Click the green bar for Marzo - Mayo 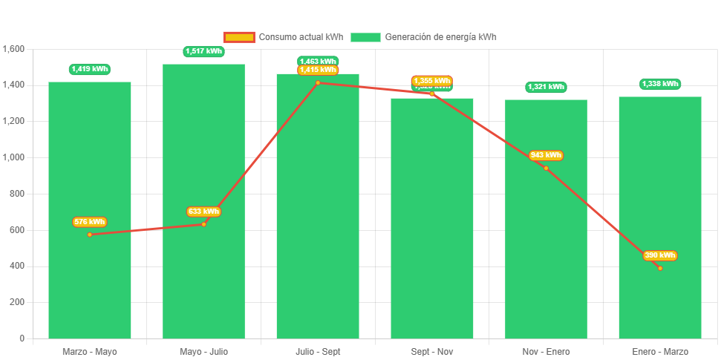[x=90, y=282]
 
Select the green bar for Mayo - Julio [x=203, y=282]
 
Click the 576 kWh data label [x=90, y=222]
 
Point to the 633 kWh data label [x=203, y=212]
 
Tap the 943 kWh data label [x=546, y=155]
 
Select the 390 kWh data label [x=660, y=255]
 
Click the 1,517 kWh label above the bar [x=203, y=51]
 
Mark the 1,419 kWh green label [x=90, y=69]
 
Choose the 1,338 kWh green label [x=660, y=84]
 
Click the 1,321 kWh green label [x=546, y=87]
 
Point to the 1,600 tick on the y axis [x=14, y=49]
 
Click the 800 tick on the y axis [x=16, y=194]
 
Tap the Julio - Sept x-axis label [x=318, y=351]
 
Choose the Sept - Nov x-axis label [x=432, y=351]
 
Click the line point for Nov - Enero [x=546, y=168]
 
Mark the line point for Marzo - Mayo [x=90, y=235]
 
